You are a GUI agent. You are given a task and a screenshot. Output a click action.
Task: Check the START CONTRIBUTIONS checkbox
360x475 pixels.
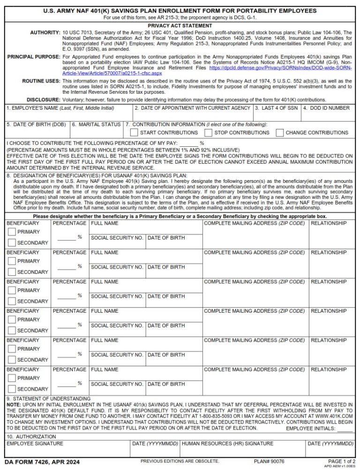(x=134, y=133)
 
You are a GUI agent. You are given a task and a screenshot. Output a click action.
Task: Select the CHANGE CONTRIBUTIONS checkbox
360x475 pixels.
(x=280, y=133)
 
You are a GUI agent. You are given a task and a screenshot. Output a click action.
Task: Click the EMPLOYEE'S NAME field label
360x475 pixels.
(x=60, y=108)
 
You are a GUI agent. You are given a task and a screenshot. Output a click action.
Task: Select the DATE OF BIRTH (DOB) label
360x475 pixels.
(x=36, y=125)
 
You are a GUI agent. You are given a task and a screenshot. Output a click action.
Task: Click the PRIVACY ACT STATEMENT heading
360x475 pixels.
(x=180, y=26)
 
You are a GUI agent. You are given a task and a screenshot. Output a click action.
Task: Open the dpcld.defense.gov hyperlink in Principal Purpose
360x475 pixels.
(x=280, y=68)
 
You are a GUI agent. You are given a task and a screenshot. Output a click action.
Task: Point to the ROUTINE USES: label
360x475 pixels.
(x=41, y=81)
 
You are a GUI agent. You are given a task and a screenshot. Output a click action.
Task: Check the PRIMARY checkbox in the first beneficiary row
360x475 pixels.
(x=12, y=232)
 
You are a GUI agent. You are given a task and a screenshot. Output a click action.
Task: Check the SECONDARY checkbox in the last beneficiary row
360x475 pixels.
(x=12, y=389)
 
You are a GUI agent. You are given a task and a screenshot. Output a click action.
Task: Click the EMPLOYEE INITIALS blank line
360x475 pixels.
(x=345, y=429)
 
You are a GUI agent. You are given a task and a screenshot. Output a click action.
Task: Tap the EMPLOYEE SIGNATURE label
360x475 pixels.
(x=34, y=444)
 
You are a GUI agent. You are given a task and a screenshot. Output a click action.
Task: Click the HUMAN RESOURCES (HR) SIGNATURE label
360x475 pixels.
(x=227, y=444)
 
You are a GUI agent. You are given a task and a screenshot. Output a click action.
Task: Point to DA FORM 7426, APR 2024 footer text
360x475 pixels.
(x=42, y=462)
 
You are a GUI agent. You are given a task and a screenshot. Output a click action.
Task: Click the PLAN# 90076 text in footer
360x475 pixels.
(x=269, y=462)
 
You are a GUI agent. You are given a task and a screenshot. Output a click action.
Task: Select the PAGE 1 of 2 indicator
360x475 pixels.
(x=342, y=462)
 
